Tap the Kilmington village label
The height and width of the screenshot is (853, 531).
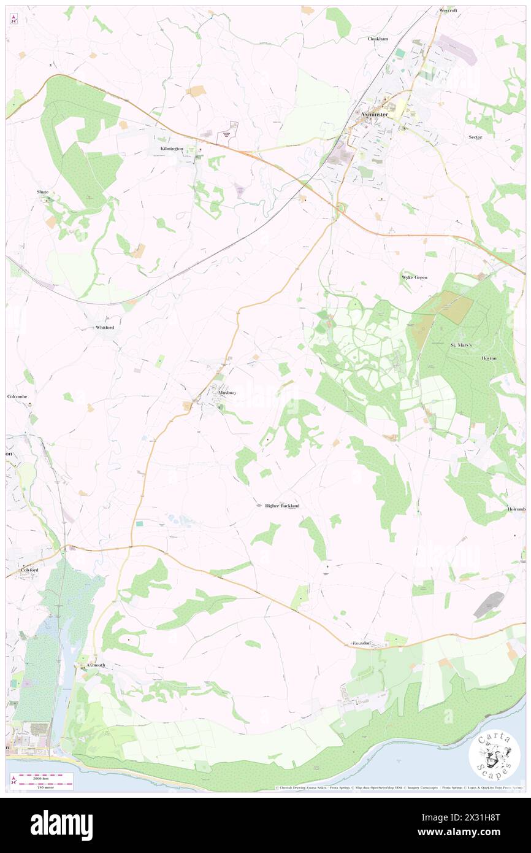tap(168, 149)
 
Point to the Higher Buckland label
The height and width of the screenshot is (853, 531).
tap(282, 506)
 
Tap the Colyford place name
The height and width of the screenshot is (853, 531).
tap(29, 570)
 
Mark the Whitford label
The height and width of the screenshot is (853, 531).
tap(105, 328)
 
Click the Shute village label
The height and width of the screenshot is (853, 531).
tap(42, 192)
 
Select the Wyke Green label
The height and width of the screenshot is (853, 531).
tap(414, 277)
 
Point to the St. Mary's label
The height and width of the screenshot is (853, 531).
tap(461, 345)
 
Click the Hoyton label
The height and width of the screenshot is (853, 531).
tap(489, 358)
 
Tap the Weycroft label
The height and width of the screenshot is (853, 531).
tap(448, 10)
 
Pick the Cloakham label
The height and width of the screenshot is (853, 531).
tap(378, 39)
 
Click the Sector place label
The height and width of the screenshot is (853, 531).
tap(475, 137)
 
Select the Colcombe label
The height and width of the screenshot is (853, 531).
tap(17, 396)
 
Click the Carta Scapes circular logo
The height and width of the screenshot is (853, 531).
tap(494, 756)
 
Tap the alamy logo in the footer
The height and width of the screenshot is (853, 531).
tap(62, 825)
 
